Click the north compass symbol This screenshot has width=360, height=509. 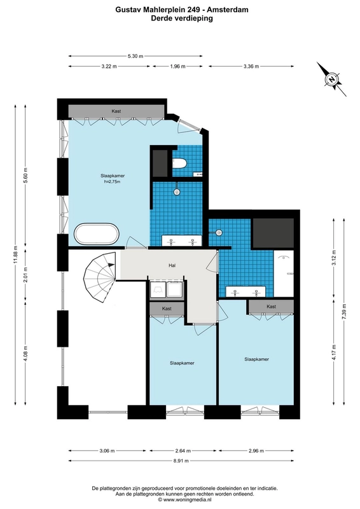[331, 79]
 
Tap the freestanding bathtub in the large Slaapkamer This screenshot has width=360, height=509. [97, 234]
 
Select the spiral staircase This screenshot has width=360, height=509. [100, 277]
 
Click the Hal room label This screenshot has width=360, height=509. [172, 265]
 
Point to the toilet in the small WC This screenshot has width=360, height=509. [179, 164]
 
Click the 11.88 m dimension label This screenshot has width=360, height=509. [15, 255]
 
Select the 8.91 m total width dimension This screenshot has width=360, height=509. [181, 460]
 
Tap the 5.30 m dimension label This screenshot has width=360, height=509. [135, 56]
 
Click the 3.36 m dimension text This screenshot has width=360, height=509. [251, 66]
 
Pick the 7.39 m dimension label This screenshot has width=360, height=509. [344, 312]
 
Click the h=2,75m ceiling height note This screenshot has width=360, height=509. [112, 181]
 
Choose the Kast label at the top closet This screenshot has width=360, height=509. [116, 111]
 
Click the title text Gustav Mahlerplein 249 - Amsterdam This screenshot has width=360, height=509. [182, 10]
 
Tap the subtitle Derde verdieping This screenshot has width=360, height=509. [182, 18]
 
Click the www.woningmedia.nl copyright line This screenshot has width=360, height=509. [184, 500]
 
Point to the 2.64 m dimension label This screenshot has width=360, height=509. [183, 450]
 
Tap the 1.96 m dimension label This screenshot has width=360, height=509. [177, 66]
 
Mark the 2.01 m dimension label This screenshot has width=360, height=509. [25, 275]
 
